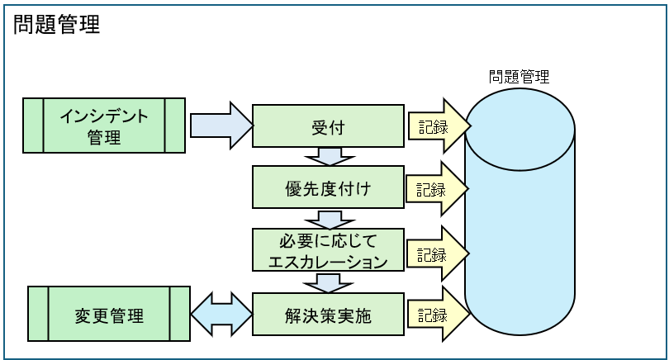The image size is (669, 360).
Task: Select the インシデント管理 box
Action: pos(104,126)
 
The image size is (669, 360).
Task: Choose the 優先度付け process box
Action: pos(328,189)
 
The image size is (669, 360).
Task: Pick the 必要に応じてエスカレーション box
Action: pos(328,251)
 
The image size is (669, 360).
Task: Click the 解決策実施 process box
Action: pos(328,315)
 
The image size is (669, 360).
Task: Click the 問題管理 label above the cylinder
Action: pos(519,78)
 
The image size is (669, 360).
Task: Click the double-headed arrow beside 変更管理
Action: pos(221,315)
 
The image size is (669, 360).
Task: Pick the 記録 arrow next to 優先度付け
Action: pos(436,189)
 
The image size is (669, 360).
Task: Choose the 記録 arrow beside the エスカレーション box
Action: pos(436,252)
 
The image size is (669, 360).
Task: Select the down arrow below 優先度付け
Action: pos(329,220)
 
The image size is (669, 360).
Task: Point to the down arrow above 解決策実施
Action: pos(329,282)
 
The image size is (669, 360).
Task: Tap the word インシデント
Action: pos(104,116)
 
